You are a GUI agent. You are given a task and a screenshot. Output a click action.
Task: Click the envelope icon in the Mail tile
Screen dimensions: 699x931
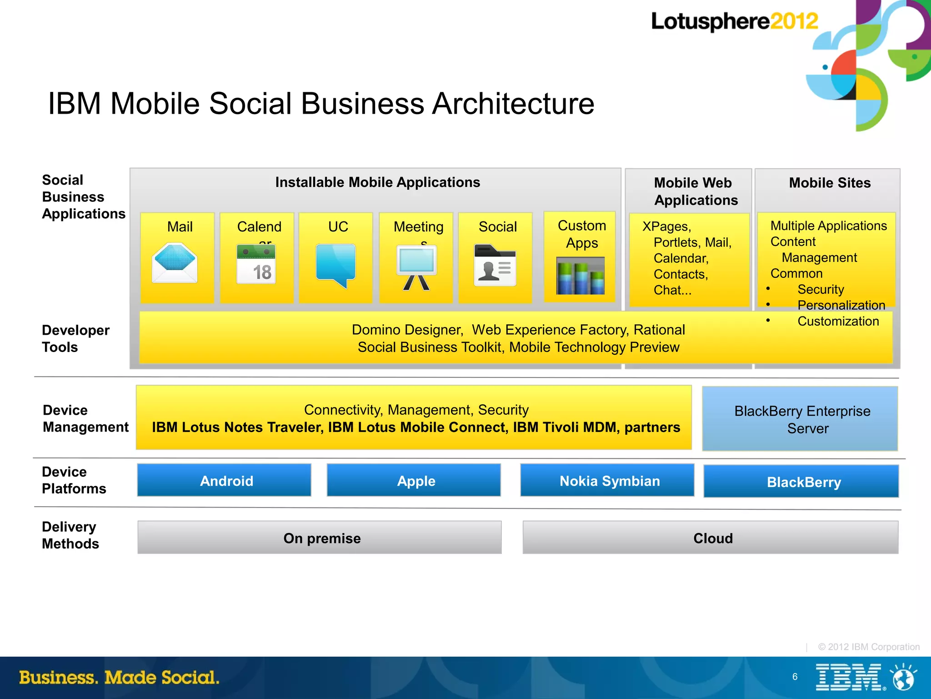pyautogui.click(x=175, y=263)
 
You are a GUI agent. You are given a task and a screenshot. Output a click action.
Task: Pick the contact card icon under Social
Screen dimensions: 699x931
pyautogui.click(x=495, y=266)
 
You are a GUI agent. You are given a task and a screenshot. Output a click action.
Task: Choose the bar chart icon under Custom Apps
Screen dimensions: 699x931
pyautogui.click(x=581, y=276)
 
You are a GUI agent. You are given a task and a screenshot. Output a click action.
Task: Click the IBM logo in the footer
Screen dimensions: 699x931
pyautogui.click(x=850, y=677)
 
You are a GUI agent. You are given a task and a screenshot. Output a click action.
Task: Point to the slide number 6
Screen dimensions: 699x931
pyautogui.click(x=795, y=677)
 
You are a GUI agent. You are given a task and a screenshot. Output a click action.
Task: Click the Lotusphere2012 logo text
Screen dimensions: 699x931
pyautogui.click(x=734, y=21)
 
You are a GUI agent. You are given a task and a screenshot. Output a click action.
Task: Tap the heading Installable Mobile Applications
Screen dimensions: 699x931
pyautogui.click(x=377, y=182)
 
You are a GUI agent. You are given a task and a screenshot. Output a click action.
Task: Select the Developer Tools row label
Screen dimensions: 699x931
pyautogui.click(x=75, y=338)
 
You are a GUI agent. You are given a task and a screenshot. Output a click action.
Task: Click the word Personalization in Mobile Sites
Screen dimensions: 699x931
pyautogui.click(x=841, y=305)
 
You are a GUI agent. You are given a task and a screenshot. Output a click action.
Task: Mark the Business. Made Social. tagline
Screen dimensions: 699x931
pyautogui.click(x=119, y=677)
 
